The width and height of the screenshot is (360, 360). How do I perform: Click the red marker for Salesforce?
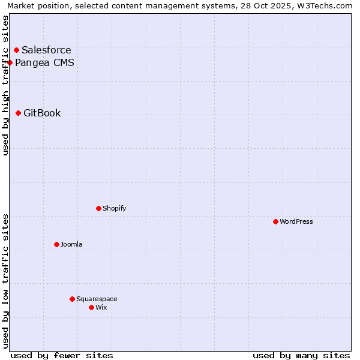click(16, 50)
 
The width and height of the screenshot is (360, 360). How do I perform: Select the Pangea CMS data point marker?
click(10, 62)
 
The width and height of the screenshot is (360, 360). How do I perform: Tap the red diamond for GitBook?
click(18, 113)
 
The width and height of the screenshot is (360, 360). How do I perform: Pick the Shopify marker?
click(98, 208)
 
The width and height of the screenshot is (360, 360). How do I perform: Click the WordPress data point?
click(275, 221)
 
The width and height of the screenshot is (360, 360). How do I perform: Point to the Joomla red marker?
click(56, 244)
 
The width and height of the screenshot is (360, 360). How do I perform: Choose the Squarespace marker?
click(72, 299)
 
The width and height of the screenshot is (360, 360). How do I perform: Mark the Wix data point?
click(91, 307)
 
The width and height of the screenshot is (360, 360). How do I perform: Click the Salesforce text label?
click(46, 50)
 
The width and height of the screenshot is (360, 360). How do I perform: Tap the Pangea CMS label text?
click(44, 62)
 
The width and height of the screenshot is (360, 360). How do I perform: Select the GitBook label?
click(42, 113)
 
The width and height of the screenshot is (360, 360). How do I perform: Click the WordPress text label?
click(296, 222)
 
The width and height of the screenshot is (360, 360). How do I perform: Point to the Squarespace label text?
click(97, 299)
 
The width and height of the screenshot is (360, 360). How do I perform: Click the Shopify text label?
click(114, 209)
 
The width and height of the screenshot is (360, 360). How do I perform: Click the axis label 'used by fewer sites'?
click(62, 355)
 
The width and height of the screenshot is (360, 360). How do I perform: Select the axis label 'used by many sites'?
click(301, 355)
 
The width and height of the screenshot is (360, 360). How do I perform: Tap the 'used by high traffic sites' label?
click(5, 85)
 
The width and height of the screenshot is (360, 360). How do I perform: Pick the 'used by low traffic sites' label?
click(5, 281)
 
